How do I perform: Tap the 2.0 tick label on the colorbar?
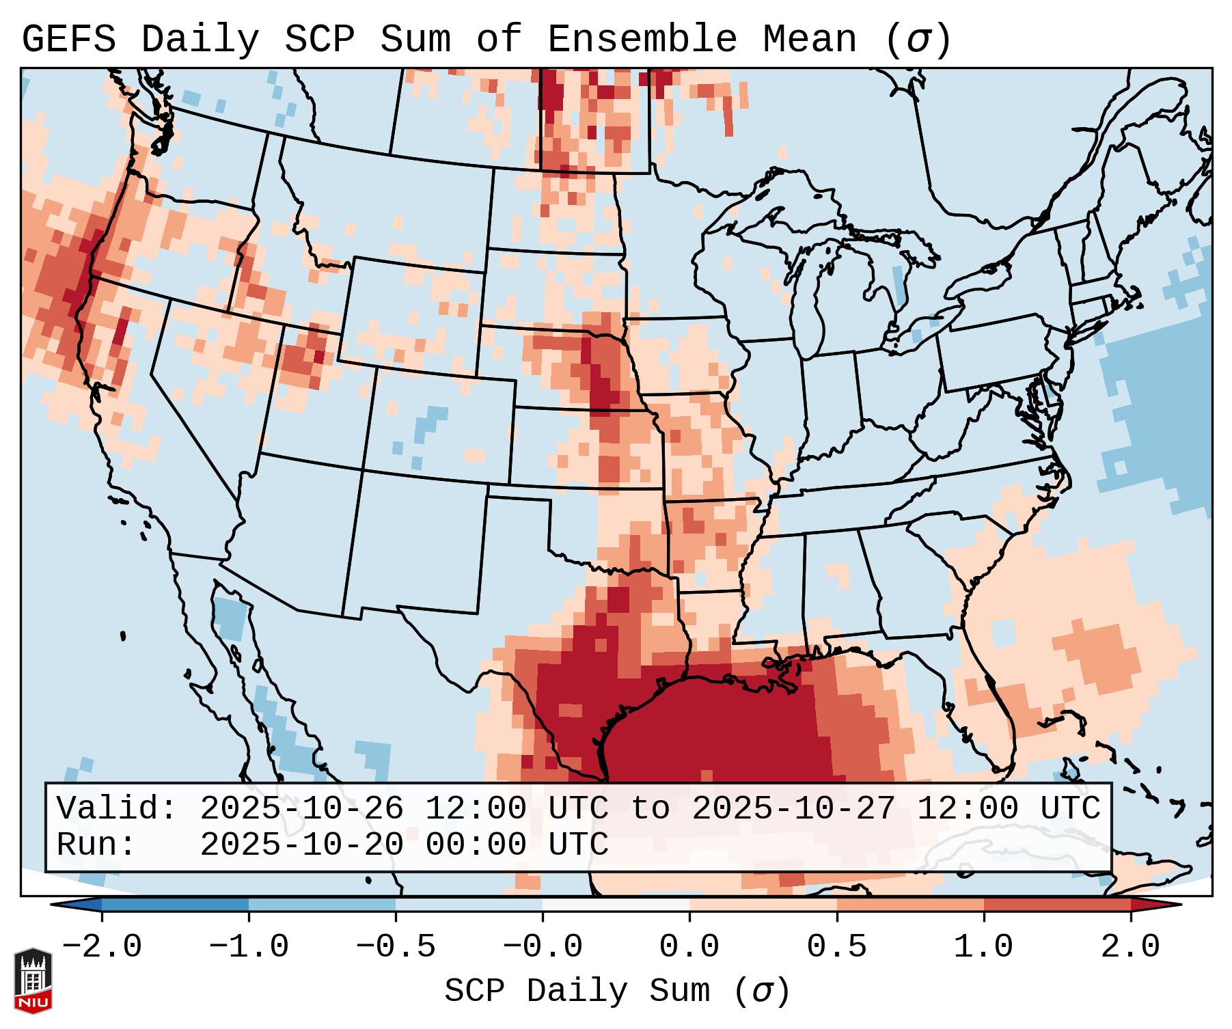click(1130, 947)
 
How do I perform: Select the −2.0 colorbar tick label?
click(102, 947)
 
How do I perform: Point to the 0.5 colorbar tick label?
click(836, 947)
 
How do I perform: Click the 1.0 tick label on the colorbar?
click(983, 947)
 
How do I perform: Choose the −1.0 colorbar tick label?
click(249, 947)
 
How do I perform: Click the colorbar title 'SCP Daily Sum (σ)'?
click(616, 991)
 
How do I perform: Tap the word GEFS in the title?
click(68, 39)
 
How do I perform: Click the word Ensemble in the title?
click(642, 39)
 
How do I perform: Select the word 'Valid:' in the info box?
click(117, 808)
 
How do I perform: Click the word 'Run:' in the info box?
click(96, 845)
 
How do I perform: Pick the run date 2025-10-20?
click(301, 845)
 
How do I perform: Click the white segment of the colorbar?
click(616, 905)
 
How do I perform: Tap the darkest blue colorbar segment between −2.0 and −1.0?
click(175, 905)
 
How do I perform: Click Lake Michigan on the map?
click(813, 301)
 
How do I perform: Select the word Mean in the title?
click(809, 39)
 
